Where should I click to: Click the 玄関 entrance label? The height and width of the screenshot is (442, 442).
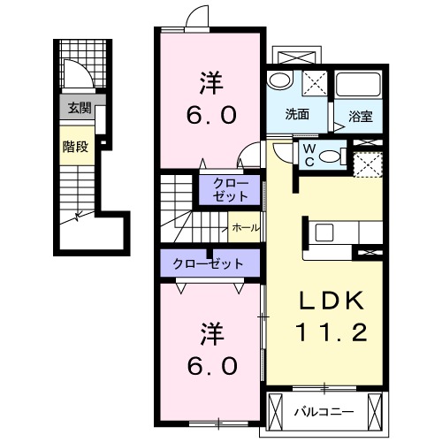point(80,108)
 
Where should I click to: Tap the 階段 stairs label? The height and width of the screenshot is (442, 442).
point(75,147)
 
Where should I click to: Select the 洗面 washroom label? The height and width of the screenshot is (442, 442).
point(297,114)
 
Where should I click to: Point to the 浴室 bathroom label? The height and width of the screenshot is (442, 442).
point(361,117)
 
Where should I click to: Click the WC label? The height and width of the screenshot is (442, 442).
point(309,156)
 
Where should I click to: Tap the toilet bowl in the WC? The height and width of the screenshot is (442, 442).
point(330,156)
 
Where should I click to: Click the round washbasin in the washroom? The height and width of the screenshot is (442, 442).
point(279,80)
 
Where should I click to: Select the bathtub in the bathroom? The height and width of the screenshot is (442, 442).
point(358,84)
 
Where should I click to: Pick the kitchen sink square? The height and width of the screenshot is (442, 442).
point(324,232)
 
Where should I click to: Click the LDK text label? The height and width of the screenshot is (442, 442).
point(331,301)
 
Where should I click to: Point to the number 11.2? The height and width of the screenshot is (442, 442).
point(331,332)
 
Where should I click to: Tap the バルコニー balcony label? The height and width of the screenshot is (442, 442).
point(324,412)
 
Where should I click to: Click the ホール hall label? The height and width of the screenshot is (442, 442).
point(246,227)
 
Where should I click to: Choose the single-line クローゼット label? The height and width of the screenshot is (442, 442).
point(208,263)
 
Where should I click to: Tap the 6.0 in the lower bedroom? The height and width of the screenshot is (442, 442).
point(212,366)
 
